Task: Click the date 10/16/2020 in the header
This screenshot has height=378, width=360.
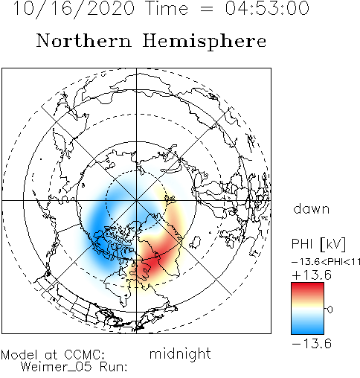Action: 74,9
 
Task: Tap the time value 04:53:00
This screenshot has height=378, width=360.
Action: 267,8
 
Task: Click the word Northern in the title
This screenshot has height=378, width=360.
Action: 84,41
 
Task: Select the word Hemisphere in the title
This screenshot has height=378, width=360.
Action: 205,42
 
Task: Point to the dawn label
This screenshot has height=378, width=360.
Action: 311,209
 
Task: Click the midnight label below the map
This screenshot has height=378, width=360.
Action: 180,353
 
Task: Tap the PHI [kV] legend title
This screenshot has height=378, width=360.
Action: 318,244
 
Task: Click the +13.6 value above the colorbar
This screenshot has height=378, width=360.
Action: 312,275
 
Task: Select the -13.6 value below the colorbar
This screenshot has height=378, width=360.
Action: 312,344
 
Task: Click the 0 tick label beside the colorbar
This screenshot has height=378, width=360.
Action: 330,310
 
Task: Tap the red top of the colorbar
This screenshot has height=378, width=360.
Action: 307,288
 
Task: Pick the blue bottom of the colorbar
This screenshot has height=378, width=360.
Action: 307,328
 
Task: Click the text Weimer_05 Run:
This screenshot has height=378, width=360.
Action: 74,367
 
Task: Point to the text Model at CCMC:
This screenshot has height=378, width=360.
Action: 53,355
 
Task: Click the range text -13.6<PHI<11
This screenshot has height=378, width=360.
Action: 326,262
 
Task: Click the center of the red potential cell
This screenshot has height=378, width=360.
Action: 152,263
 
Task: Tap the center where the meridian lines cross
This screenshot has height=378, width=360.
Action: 136,200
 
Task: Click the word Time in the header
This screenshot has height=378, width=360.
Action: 167,8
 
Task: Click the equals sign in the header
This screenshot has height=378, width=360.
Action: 207,9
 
